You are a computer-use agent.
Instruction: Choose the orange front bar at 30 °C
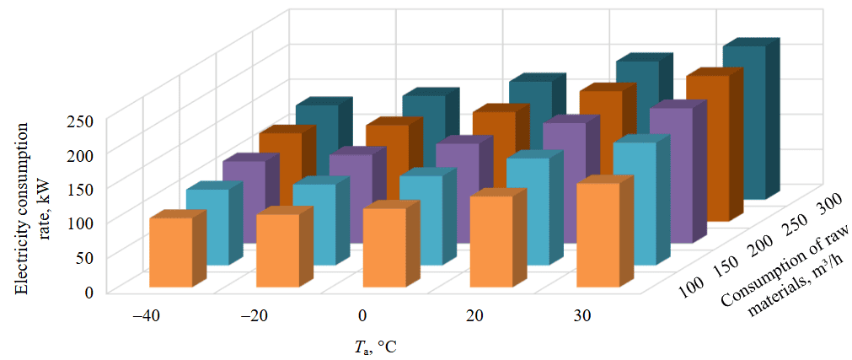[x=597, y=234]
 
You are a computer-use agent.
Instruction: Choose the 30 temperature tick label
[x=581, y=316]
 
